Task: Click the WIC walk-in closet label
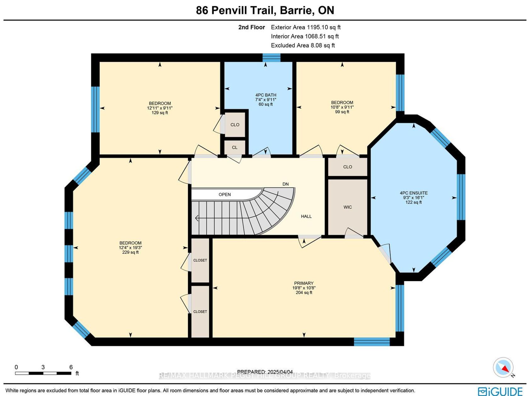(x=348, y=207)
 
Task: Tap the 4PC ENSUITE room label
(x=413, y=193)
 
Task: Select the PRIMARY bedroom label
(x=304, y=283)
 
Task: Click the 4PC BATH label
(x=265, y=95)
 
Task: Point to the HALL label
(x=306, y=216)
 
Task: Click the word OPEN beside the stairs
(x=225, y=195)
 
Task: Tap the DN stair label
(x=285, y=184)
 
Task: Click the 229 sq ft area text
(x=130, y=252)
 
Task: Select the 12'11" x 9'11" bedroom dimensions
(x=160, y=108)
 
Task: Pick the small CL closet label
(x=235, y=147)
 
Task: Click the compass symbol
(x=503, y=368)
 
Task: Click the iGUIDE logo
(x=500, y=391)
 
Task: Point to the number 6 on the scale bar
(x=71, y=367)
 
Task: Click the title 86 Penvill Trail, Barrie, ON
(x=265, y=10)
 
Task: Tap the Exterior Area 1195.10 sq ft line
(x=305, y=27)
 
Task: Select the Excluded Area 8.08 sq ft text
(x=303, y=45)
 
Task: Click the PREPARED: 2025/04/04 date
(x=265, y=372)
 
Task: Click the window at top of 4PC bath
(x=271, y=58)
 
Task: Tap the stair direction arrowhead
(x=197, y=218)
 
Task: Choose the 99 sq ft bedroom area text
(x=342, y=112)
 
